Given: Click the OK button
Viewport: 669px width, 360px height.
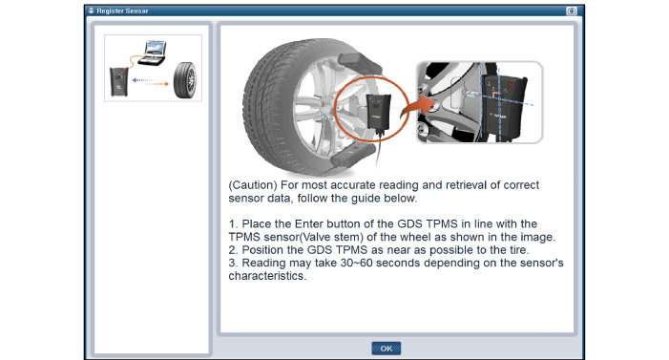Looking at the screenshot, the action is (386, 348).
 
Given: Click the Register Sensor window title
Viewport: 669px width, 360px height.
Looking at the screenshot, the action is (122, 11).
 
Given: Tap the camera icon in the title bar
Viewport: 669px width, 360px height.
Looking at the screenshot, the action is (572, 11).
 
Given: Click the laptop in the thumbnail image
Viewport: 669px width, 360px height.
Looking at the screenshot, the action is (153, 53).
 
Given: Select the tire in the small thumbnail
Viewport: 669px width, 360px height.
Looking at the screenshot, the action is (185, 80).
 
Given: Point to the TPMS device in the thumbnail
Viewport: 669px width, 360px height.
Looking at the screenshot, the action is (119, 81).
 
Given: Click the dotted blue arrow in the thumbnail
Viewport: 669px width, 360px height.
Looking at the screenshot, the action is (142, 80).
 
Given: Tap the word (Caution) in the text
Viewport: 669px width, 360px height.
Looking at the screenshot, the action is (253, 185).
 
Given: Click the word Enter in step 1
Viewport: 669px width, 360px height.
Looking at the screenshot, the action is (309, 223).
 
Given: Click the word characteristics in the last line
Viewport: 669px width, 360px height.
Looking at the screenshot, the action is (266, 276).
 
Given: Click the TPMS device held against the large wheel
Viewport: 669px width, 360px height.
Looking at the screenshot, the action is (379, 112).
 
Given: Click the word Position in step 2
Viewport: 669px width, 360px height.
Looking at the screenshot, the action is (266, 250).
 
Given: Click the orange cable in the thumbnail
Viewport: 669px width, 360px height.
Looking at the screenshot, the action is (134, 61).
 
